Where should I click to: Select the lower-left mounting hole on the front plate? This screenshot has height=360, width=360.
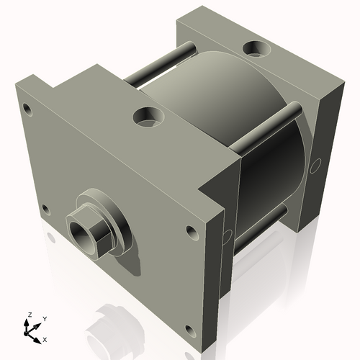click(45, 210)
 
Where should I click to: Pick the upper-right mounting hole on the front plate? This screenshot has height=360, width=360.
click(191, 232)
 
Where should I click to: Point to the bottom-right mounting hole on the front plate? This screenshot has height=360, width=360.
click(190, 330)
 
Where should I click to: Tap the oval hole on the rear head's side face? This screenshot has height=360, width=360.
click(315, 166)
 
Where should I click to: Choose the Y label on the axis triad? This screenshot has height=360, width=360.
click(44, 318)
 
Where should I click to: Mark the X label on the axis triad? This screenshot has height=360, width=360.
click(45, 338)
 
